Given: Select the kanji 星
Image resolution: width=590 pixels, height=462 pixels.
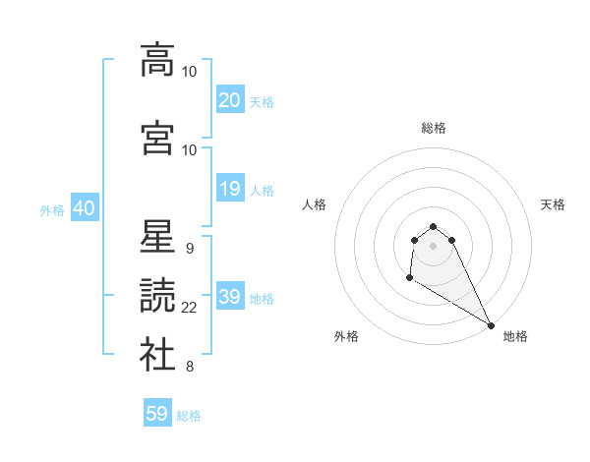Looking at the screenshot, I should tap(157, 236).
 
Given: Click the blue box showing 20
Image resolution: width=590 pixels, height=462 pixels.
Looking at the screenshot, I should tap(230, 100).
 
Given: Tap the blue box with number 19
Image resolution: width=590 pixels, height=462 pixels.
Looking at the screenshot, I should tap(230, 189).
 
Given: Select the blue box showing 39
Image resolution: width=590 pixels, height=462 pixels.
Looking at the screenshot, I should tap(230, 298).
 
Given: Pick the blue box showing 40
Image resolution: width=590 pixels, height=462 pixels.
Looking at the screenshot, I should tap(84, 208).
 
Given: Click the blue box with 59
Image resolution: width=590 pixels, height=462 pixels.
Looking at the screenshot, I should tap(157, 414).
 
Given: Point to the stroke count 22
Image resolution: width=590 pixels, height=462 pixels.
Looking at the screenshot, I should tap(190, 308).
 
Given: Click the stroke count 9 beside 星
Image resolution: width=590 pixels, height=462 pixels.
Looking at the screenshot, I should tap(189, 248).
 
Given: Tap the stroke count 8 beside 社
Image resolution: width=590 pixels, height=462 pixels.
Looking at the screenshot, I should tap(189, 368).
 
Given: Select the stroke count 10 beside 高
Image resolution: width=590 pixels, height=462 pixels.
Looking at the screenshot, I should tap(190, 71).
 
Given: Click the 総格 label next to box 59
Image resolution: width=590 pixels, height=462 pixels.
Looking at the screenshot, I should tap(189, 416).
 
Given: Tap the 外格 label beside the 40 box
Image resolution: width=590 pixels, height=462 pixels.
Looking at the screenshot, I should tap(52, 210).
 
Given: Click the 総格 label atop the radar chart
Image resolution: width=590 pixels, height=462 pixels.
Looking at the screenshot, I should tap(434, 128).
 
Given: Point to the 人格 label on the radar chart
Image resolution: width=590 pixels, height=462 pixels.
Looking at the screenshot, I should tap(315, 204).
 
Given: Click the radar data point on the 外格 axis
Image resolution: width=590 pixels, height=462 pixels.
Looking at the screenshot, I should tap(409, 278).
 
